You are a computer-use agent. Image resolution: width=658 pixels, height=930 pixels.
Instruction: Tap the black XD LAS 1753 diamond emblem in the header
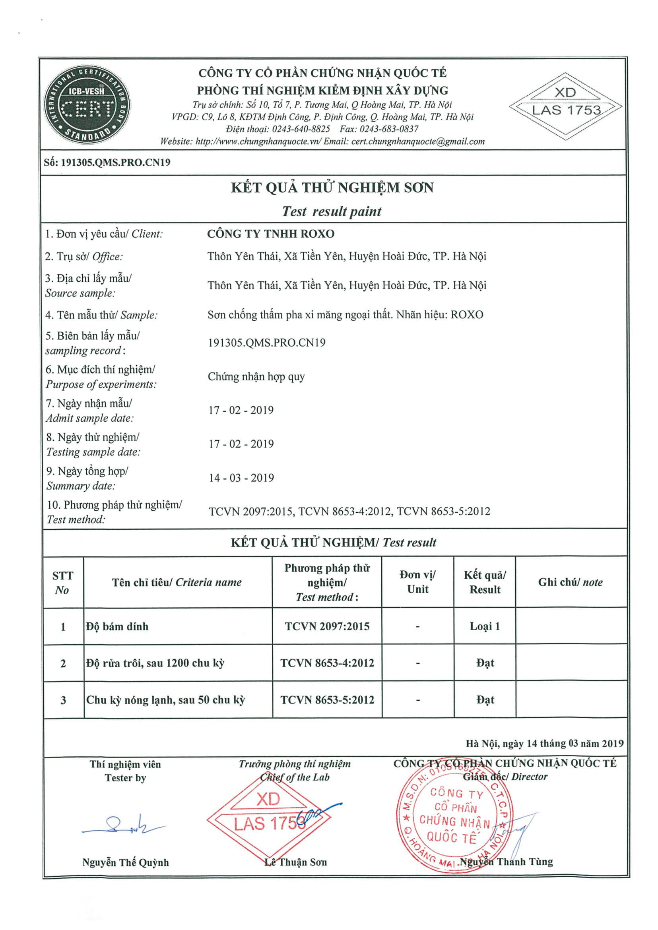(566, 107)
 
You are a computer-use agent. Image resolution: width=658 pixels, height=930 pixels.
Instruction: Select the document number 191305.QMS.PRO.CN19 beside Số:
(115, 163)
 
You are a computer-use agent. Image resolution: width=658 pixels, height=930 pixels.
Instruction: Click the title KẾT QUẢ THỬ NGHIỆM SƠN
(332, 188)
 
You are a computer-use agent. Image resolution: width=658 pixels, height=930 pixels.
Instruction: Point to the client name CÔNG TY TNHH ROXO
(271, 234)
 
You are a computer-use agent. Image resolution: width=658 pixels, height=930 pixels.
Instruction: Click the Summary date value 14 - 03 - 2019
(241, 478)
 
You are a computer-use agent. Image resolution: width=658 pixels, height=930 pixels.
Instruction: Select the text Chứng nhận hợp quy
(256, 377)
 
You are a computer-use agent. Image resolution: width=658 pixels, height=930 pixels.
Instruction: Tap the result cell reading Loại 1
(485, 626)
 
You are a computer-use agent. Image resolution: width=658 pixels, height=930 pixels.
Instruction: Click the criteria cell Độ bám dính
(117, 627)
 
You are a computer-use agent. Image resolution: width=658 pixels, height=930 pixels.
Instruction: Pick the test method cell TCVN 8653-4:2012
(327, 663)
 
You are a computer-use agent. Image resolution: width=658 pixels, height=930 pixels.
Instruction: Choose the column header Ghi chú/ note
(570, 583)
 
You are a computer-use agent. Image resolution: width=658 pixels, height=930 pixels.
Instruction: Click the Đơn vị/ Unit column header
(417, 582)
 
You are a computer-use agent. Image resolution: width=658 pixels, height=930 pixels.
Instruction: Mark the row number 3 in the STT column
(63, 700)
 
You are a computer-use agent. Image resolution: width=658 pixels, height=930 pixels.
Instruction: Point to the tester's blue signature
(122, 825)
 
